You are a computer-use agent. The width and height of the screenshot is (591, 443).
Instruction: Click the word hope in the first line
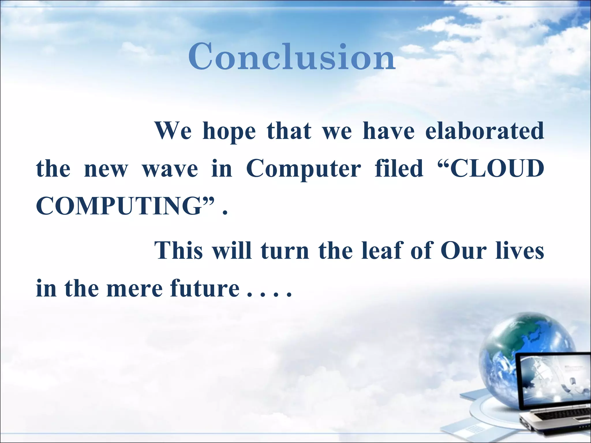(229, 131)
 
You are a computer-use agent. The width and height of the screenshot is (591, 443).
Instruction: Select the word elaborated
(485, 131)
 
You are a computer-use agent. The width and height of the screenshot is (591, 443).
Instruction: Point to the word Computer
(303, 169)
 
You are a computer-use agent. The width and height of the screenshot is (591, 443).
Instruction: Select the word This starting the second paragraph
(179, 250)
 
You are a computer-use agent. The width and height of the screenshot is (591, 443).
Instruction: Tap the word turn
(285, 250)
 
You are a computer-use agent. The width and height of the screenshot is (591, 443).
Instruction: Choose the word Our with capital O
(463, 250)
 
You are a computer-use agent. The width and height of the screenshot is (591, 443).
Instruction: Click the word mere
(135, 289)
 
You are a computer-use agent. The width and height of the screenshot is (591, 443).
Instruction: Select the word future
(205, 289)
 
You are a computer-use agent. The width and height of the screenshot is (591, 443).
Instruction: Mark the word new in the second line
(106, 169)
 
